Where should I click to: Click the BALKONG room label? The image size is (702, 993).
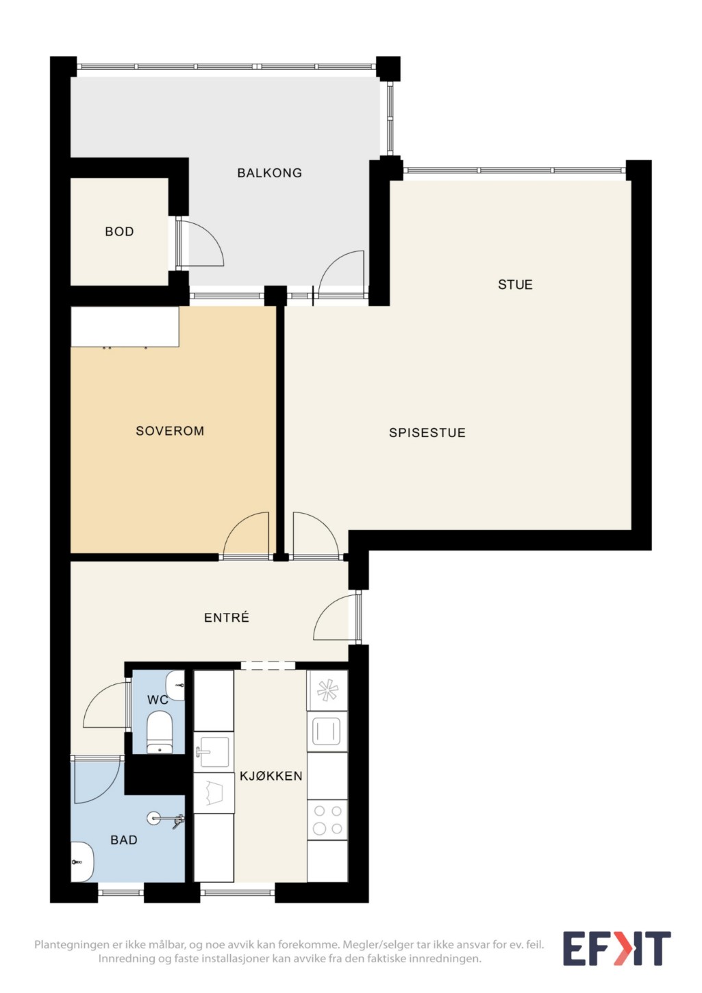[x=269, y=173]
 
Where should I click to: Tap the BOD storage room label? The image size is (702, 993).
[x=119, y=231]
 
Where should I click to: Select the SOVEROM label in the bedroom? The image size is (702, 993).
[x=170, y=431]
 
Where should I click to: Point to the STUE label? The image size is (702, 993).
[x=515, y=285]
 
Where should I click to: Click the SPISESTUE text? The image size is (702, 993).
[x=427, y=433]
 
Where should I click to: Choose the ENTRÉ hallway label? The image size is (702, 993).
[x=226, y=618]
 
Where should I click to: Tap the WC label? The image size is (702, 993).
[x=158, y=700]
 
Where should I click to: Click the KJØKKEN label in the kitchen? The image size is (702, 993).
[x=271, y=776]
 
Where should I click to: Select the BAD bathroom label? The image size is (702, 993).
[x=124, y=840]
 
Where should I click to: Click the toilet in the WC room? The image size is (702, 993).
[x=159, y=732]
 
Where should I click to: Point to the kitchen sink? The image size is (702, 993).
[x=214, y=751]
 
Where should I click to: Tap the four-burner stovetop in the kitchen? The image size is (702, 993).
[x=327, y=820]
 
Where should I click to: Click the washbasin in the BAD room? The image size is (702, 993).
[x=82, y=862]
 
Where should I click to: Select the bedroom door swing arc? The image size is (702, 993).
[x=246, y=533]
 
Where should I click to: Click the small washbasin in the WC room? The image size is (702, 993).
[x=175, y=686]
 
